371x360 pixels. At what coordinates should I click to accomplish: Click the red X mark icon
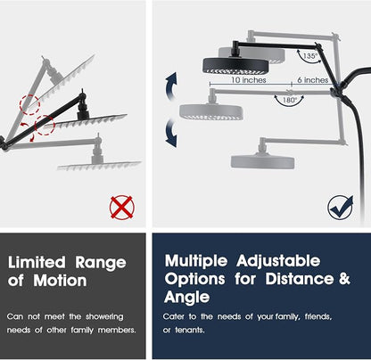(x=122, y=208)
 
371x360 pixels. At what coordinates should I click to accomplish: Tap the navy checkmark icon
(x=341, y=208)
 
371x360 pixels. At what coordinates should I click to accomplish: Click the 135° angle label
(x=310, y=56)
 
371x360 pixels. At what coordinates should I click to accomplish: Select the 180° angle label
(x=289, y=100)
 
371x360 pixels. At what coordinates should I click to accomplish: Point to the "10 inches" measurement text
(x=249, y=80)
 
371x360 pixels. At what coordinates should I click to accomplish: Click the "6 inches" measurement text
(x=313, y=80)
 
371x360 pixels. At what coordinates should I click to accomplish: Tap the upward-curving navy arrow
(x=171, y=87)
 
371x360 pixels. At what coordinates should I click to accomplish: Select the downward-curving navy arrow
(x=171, y=133)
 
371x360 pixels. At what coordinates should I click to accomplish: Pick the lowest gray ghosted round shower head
(x=263, y=162)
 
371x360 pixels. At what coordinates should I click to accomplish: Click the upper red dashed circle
(x=29, y=105)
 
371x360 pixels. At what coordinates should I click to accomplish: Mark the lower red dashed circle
(x=45, y=125)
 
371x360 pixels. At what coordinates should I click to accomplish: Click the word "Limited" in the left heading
(x=37, y=262)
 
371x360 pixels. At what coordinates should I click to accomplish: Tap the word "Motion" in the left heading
(x=60, y=281)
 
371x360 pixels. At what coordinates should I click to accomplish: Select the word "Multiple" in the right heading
(x=196, y=262)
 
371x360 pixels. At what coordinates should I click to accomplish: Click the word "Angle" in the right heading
(x=186, y=298)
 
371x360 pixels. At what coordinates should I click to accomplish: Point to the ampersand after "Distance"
(x=344, y=279)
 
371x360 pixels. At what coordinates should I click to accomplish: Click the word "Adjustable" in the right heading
(x=278, y=262)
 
